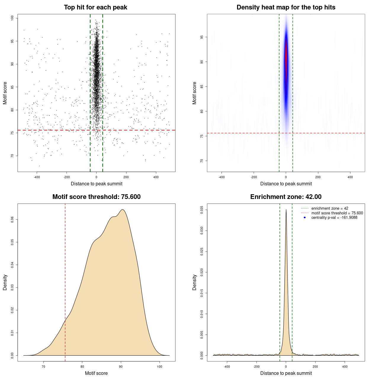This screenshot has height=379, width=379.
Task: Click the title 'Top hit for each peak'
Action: [95, 7]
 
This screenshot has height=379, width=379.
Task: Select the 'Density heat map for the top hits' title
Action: [286, 7]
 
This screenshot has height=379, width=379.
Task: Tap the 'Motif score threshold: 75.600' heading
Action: [96, 197]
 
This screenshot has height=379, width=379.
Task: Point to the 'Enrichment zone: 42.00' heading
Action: [286, 197]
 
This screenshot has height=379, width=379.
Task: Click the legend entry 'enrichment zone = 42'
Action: [330, 208]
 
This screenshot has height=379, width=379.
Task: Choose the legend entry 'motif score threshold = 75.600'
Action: [337, 213]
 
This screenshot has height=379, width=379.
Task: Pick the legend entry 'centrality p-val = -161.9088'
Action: [334, 218]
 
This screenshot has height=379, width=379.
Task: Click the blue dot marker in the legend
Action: [305, 218]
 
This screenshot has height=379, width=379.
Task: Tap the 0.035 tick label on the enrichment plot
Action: [202, 210]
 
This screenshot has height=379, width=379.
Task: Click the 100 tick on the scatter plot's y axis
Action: [12, 18]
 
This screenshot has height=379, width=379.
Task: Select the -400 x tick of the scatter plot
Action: [37, 177]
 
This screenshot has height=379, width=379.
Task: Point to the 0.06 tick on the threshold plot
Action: [12, 219]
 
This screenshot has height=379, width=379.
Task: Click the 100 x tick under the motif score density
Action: [160, 367]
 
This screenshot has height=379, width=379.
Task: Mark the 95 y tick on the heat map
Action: [202, 37]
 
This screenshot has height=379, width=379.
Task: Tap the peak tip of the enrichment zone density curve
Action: [286, 210]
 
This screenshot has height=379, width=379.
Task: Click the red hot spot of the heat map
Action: [286, 58]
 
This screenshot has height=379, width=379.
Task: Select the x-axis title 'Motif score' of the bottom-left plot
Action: [96, 373]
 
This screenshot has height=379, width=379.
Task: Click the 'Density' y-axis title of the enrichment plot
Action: [195, 282]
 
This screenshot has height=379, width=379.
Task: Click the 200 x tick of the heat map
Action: [318, 177]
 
